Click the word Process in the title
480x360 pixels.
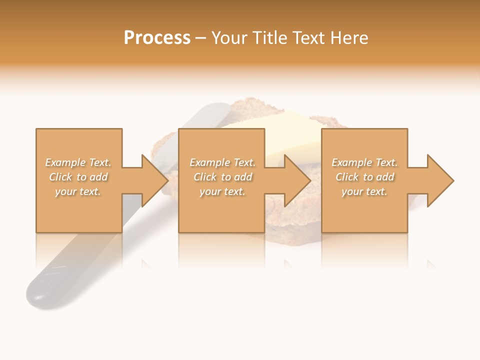pyautogui.click(x=157, y=38)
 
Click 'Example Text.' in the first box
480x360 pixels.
pyautogui.click(x=78, y=162)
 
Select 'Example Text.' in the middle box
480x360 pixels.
pyautogui.click(x=222, y=162)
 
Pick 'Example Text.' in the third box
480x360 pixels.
pyautogui.click(x=364, y=162)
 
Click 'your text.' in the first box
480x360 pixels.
pyautogui.click(x=78, y=191)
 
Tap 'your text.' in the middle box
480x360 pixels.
pyautogui.click(x=222, y=191)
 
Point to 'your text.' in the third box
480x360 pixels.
pyautogui.click(x=364, y=191)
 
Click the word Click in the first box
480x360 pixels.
pyautogui.click(x=61, y=177)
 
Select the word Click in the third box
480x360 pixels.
pyautogui.click(x=347, y=177)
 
